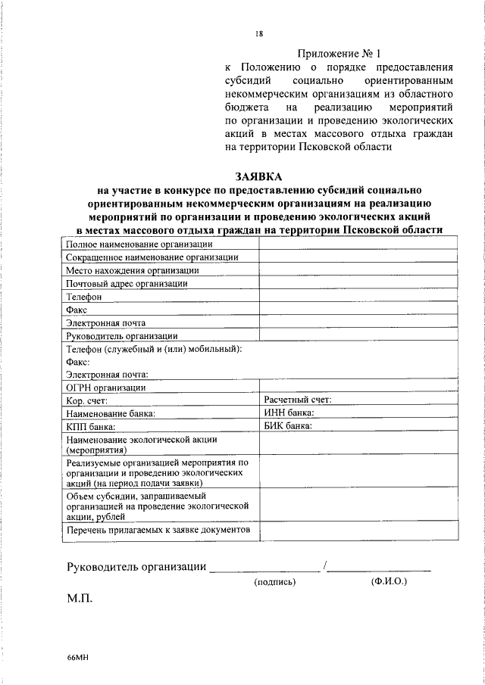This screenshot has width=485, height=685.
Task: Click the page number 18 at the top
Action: pyautogui.click(x=259, y=33)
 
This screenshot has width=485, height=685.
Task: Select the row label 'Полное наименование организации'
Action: pyautogui.click(x=139, y=244)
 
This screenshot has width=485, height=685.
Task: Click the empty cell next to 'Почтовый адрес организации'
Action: pyautogui.click(x=357, y=283)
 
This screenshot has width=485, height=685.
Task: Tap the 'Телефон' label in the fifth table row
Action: pyautogui.click(x=83, y=297)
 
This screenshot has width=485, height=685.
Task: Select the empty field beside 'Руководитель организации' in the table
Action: pyautogui.click(x=357, y=335)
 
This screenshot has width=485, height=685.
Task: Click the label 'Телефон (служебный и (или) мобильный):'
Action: pyautogui.click(x=154, y=348)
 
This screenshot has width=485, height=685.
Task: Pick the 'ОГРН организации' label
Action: pyautogui.click(x=105, y=388)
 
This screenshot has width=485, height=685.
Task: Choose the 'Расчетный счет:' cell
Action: pyautogui.click(x=297, y=400)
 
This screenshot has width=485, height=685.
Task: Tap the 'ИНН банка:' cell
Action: pyautogui.click(x=289, y=413)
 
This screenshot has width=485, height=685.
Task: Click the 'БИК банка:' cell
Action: pyautogui.click(x=288, y=426)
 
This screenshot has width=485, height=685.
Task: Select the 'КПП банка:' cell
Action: pyautogui.click(x=90, y=427)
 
